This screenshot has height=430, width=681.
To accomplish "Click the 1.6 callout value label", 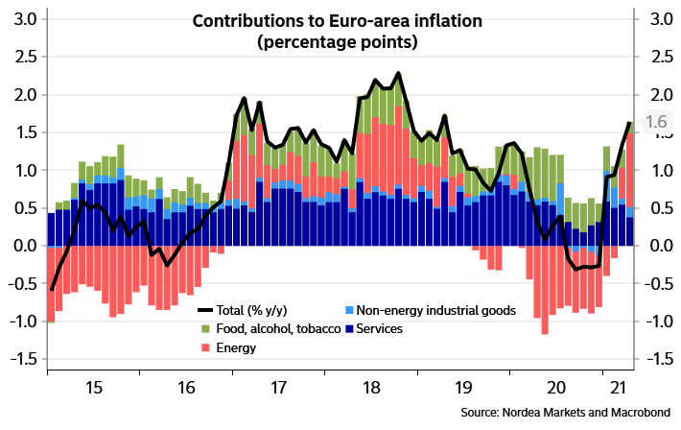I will [656, 122].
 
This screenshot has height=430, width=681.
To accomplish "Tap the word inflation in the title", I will [448, 21].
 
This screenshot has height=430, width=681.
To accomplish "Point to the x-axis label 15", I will [94, 388].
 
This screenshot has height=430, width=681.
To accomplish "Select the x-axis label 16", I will [186, 388].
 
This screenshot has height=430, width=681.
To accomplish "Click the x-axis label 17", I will [278, 388].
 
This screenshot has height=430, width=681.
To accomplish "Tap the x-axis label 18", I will [371, 388].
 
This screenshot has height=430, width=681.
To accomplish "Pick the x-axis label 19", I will [463, 388].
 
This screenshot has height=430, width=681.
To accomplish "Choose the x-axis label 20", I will [556, 388].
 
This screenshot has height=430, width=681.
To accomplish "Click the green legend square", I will [206, 329].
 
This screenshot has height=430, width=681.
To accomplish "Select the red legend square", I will [206, 346].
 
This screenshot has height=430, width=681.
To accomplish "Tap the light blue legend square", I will [349, 310].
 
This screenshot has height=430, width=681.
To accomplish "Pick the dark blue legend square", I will [349, 329].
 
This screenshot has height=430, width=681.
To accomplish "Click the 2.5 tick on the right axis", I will [660, 57].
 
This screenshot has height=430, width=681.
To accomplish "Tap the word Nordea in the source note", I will [518, 412].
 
